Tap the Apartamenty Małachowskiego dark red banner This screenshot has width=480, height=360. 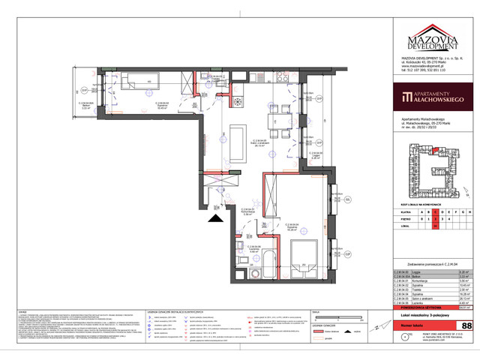[433, 97]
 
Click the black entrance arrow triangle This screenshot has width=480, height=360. [216, 218]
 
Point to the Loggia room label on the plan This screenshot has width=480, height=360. [316, 155]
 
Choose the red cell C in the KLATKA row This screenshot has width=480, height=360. [436, 212]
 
